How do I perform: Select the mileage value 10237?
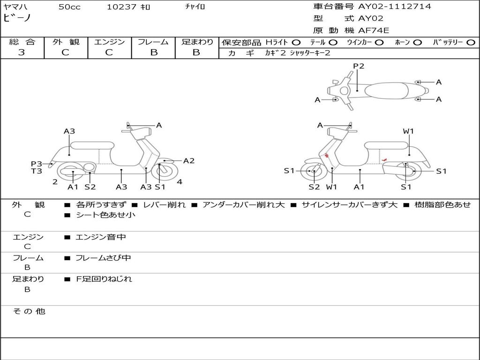(x=121, y=7)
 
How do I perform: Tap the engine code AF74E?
(x=374, y=30)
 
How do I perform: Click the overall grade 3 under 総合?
(x=22, y=52)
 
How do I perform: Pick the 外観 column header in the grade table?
(x=66, y=42)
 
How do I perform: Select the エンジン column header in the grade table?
(x=109, y=42)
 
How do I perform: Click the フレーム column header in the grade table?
(x=153, y=42)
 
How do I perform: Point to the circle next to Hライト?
(x=296, y=42)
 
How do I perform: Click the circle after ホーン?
(x=417, y=42)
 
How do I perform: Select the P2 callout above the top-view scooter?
(x=359, y=66)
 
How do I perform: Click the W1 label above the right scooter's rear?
(x=408, y=131)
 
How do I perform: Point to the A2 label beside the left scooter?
(x=188, y=161)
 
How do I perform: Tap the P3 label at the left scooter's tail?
(x=37, y=164)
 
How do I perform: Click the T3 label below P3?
(x=37, y=171)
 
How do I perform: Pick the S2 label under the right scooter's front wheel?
(x=314, y=187)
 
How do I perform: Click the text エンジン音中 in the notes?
(x=101, y=237)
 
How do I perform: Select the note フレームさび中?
(x=103, y=258)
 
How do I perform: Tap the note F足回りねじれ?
(x=104, y=279)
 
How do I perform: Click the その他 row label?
(x=29, y=311)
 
